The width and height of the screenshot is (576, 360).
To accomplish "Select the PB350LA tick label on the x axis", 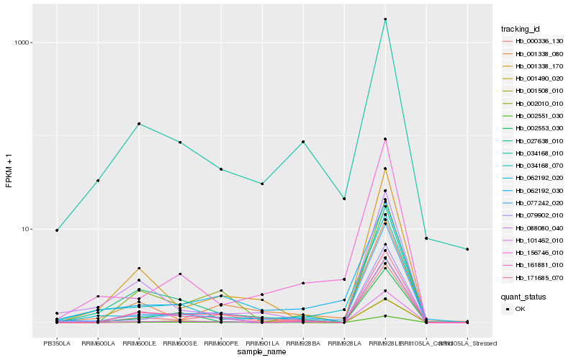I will (57, 344).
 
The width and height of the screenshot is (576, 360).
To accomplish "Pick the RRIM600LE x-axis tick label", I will (138, 344).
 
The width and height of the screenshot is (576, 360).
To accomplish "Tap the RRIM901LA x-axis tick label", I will (262, 344).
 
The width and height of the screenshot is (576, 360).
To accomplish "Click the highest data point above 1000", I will (386, 19).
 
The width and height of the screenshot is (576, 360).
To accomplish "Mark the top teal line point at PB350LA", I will (57, 230).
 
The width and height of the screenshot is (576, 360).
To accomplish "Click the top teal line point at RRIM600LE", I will (139, 124).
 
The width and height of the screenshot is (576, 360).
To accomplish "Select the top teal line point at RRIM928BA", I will (303, 142).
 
